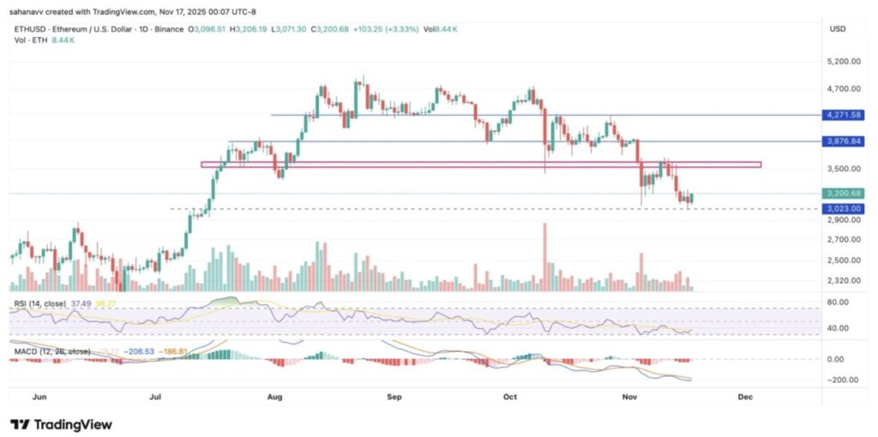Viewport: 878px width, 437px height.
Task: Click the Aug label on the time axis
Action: pos(275,398)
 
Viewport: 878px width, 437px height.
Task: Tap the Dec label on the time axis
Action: pos(745,398)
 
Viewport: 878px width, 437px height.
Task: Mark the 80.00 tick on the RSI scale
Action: pos(839,302)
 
